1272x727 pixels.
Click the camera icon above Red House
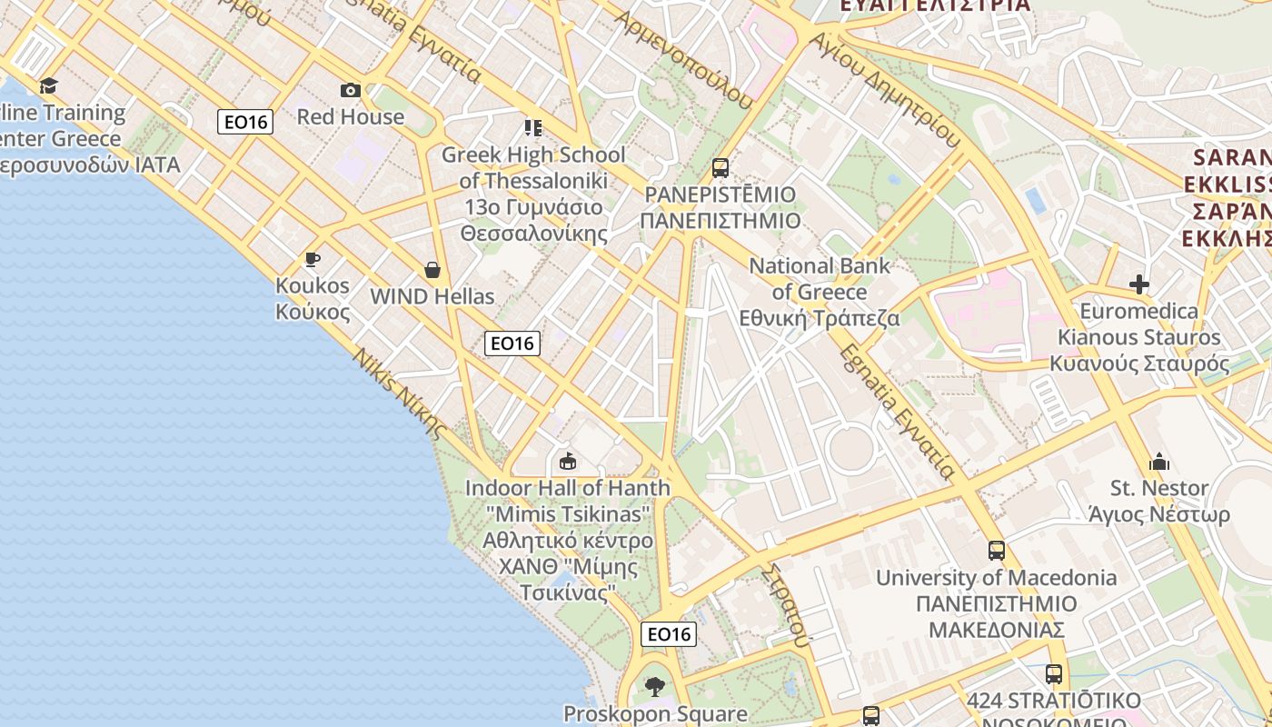[x=351, y=90]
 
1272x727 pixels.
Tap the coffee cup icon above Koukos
[x=313, y=259]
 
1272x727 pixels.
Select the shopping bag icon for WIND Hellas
[x=432, y=270]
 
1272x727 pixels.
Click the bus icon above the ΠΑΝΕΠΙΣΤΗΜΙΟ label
[x=720, y=168]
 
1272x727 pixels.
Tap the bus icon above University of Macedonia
[x=997, y=551]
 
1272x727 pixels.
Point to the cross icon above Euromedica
[x=1139, y=284]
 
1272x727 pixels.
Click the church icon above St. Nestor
[x=1159, y=462]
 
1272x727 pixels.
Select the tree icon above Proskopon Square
[x=655, y=687]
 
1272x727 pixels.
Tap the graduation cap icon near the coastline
[x=48, y=85]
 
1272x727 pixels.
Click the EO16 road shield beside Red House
[x=245, y=122]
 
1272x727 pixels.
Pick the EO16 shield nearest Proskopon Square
[x=669, y=634]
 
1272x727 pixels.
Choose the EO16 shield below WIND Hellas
[x=512, y=343]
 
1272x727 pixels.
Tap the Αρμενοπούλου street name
[x=684, y=59]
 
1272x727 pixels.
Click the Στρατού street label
[x=786, y=604]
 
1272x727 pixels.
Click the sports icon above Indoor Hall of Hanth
[x=568, y=462]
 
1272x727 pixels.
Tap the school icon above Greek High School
[x=532, y=128]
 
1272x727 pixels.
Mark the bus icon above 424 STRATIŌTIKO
[x=1054, y=674]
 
